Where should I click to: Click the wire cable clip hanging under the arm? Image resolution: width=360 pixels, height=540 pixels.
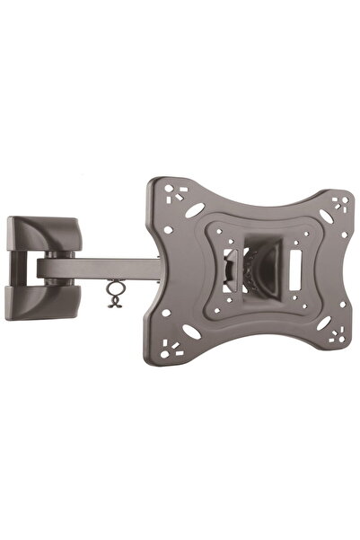[114, 292]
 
